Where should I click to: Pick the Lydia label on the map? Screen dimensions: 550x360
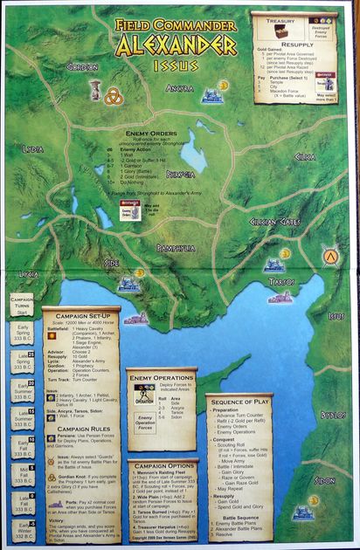(x=33, y=149)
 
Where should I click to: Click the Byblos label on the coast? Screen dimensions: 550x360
(x=333, y=415)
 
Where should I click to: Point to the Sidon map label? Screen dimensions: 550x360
(x=324, y=480)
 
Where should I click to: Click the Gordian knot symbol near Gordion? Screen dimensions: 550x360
(x=113, y=96)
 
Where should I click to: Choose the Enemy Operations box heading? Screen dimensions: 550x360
(x=159, y=377)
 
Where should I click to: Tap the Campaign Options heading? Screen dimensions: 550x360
(x=162, y=465)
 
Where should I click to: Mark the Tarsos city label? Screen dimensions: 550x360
(x=282, y=282)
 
